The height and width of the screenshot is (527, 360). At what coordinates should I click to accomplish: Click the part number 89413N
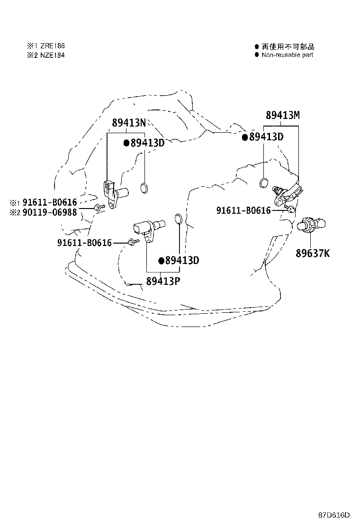pos(129,123)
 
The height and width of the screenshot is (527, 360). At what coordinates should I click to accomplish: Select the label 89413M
pos(283,115)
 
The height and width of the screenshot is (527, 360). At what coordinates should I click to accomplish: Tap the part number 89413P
pos(163,281)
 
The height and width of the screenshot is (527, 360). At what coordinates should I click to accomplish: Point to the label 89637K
pos(313,253)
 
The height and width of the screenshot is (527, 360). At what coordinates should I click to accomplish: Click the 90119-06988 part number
pos(50,212)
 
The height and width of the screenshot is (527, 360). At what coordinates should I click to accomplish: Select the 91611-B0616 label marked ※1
pos(50,202)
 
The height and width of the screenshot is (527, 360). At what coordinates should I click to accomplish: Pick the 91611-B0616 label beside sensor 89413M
pos(243,210)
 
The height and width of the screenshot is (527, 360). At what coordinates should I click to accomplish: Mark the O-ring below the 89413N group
pos(144,188)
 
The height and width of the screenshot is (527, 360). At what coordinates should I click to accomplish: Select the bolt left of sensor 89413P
pos(133,242)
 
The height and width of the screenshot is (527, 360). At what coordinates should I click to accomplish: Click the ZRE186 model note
pos(53,46)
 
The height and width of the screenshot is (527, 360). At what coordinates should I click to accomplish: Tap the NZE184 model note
pos(53,55)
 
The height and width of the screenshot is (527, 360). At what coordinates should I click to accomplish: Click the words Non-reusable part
pos(288,55)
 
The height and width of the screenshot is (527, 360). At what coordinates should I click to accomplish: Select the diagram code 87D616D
pos(334,515)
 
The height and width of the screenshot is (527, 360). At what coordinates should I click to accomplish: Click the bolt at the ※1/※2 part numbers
pos(100,208)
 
